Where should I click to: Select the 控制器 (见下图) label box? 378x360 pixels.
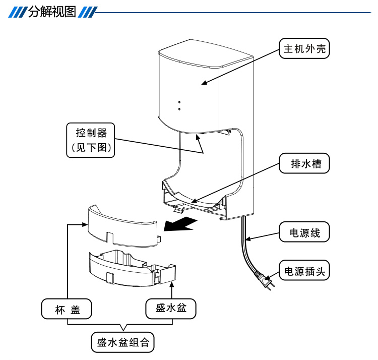pos(90,140)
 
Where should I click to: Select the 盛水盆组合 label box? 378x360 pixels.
pos(122,342)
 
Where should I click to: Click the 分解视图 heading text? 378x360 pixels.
pos(52,11)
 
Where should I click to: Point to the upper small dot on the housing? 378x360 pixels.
pos(179,102)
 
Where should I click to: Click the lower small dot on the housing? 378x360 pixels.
pos(179,108)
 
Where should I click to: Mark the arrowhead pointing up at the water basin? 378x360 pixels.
pos(172,286)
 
